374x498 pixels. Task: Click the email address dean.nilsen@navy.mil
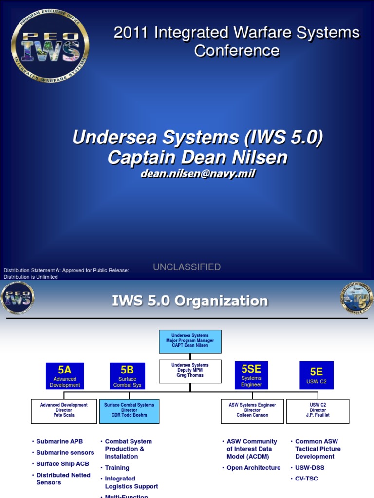click(x=197, y=174)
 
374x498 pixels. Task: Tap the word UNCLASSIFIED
click(x=187, y=267)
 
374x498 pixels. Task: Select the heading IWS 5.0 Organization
click(x=190, y=301)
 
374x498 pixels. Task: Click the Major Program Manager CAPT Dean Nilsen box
click(x=190, y=340)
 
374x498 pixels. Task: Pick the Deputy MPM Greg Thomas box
click(x=190, y=371)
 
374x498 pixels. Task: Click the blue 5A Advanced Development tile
click(x=65, y=375)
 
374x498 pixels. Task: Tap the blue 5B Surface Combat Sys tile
click(x=127, y=375)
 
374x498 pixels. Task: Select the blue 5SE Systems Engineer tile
click(x=251, y=374)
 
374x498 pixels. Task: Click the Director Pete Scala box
click(x=64, y=410)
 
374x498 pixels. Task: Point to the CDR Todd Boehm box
click(x=129, y=410)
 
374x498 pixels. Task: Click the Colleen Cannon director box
click(x=252, y=410)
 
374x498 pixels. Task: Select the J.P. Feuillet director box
click(x=318, y=410)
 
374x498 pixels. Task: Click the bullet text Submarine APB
click(x=60, y=442)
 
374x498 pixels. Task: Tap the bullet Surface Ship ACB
click(x=62, y=464)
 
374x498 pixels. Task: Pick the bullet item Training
click(x=117, y=468)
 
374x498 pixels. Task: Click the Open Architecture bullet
click(x=254, y=468)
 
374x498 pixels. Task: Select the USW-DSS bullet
click(x=310, y=468)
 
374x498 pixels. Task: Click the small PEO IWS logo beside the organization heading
click(x=18, y=298)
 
